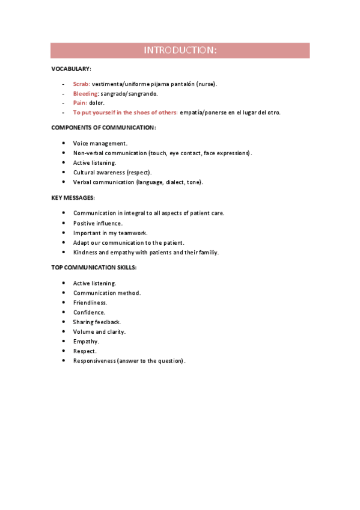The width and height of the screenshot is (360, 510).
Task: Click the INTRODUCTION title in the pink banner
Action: point(180,51)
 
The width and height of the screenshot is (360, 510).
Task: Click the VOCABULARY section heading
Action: point(71,70)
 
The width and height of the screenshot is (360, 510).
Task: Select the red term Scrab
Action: point(81,84)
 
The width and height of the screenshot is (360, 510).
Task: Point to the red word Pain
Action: point(79,103)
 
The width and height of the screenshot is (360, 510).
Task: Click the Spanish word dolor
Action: point(97,103)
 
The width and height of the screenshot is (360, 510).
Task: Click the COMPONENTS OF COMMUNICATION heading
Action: point(103,127)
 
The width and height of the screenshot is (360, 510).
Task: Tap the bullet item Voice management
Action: point(100,143)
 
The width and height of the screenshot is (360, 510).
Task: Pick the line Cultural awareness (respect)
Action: point(112,172)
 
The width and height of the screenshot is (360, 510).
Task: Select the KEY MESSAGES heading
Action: point(73,197)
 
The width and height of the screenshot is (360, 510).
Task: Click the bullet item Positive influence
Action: point(97,223)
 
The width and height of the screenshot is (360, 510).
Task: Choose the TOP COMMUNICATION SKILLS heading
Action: point(94,268)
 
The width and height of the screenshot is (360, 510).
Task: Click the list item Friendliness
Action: point(90,303)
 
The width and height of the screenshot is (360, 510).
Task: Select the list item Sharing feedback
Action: point(97,322)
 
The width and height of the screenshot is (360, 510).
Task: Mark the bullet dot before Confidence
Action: point(64,312)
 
